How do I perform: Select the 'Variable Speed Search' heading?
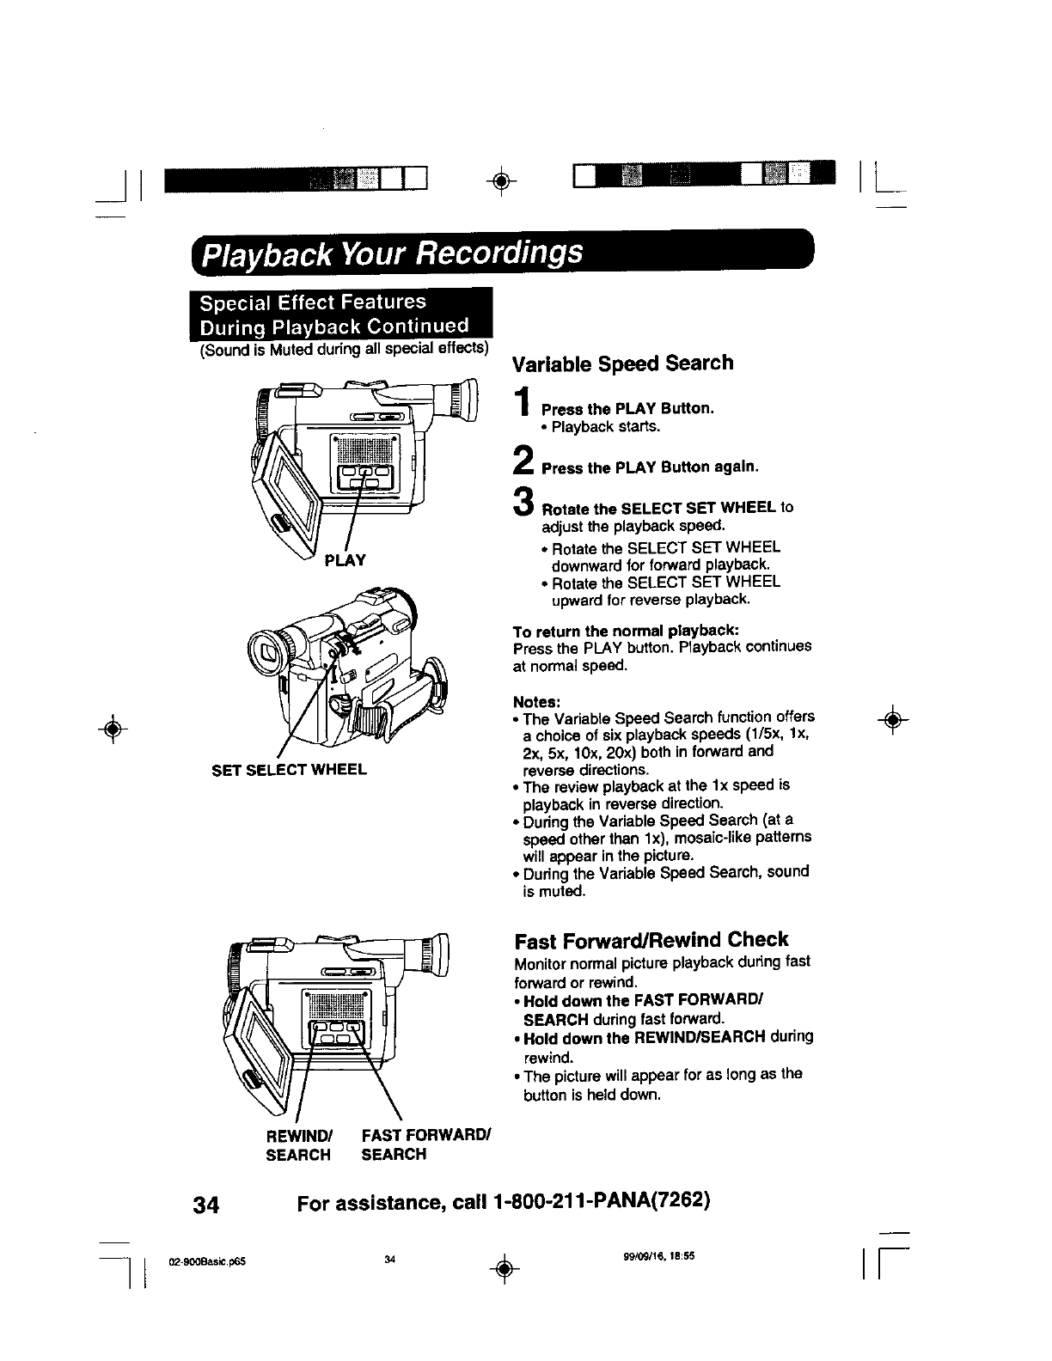(622, 363)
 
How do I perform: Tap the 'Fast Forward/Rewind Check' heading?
(651, 939)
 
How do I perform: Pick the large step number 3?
(522, 502)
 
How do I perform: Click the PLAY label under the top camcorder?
(346, 560)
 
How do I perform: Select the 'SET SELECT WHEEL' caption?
(289, 769)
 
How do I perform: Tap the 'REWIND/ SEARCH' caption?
(297, 1145)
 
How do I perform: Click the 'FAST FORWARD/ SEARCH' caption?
(425, 1145)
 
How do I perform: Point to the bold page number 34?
(206, 1205)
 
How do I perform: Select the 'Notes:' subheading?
(532, 700)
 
